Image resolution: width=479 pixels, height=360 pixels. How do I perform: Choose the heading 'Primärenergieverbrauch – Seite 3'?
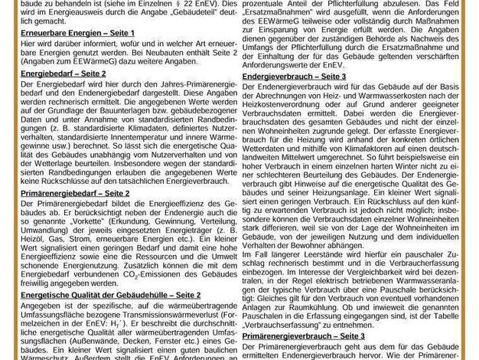301,335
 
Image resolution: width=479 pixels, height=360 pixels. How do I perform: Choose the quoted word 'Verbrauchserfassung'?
285,325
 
